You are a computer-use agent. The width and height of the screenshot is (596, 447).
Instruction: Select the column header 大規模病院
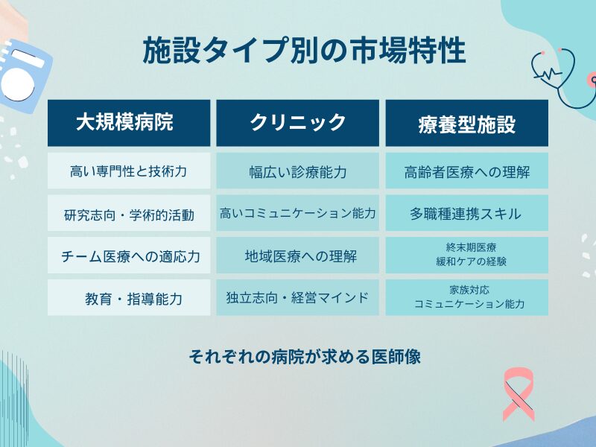click(129, 123)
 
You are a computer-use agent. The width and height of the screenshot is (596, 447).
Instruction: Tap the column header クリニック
click(298, 123)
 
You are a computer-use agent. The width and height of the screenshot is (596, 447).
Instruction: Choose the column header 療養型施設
click(466, 123)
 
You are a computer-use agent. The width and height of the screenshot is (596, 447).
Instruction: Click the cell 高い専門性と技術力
click(129, 171)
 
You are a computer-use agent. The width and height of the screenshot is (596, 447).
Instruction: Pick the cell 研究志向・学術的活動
click(129, 215)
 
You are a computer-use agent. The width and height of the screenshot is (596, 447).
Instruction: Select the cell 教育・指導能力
click(129, 298)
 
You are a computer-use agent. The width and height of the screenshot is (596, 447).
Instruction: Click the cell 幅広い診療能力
click(298, 171)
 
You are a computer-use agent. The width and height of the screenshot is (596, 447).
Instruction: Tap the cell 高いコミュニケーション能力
click(298, 214)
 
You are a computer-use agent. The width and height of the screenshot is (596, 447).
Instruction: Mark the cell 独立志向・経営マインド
click(298, 298)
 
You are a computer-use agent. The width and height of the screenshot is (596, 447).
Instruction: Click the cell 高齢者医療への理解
click(466, 171)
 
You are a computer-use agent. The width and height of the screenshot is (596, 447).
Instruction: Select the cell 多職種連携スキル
click(466, 214)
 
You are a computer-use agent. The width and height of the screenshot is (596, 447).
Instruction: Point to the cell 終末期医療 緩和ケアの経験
click(466, 256)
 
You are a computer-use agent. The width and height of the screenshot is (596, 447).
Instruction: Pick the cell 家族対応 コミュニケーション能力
click(466, 297)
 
